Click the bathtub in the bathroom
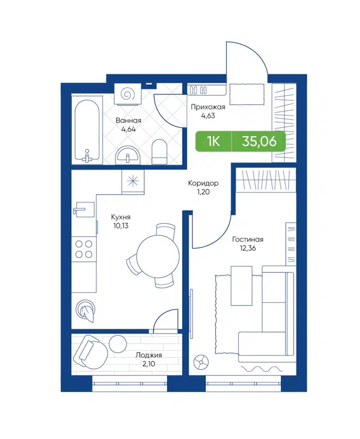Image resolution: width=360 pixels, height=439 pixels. tap(87, 131)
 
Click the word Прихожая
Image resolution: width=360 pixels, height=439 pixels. tap(207, 108)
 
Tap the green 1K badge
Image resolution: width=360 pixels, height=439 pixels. tap(213, 142)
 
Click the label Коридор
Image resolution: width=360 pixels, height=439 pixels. tap(204, 183)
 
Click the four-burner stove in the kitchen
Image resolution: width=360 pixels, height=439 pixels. tap(83, 249)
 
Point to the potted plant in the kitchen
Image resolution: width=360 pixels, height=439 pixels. tap(87, 311)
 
